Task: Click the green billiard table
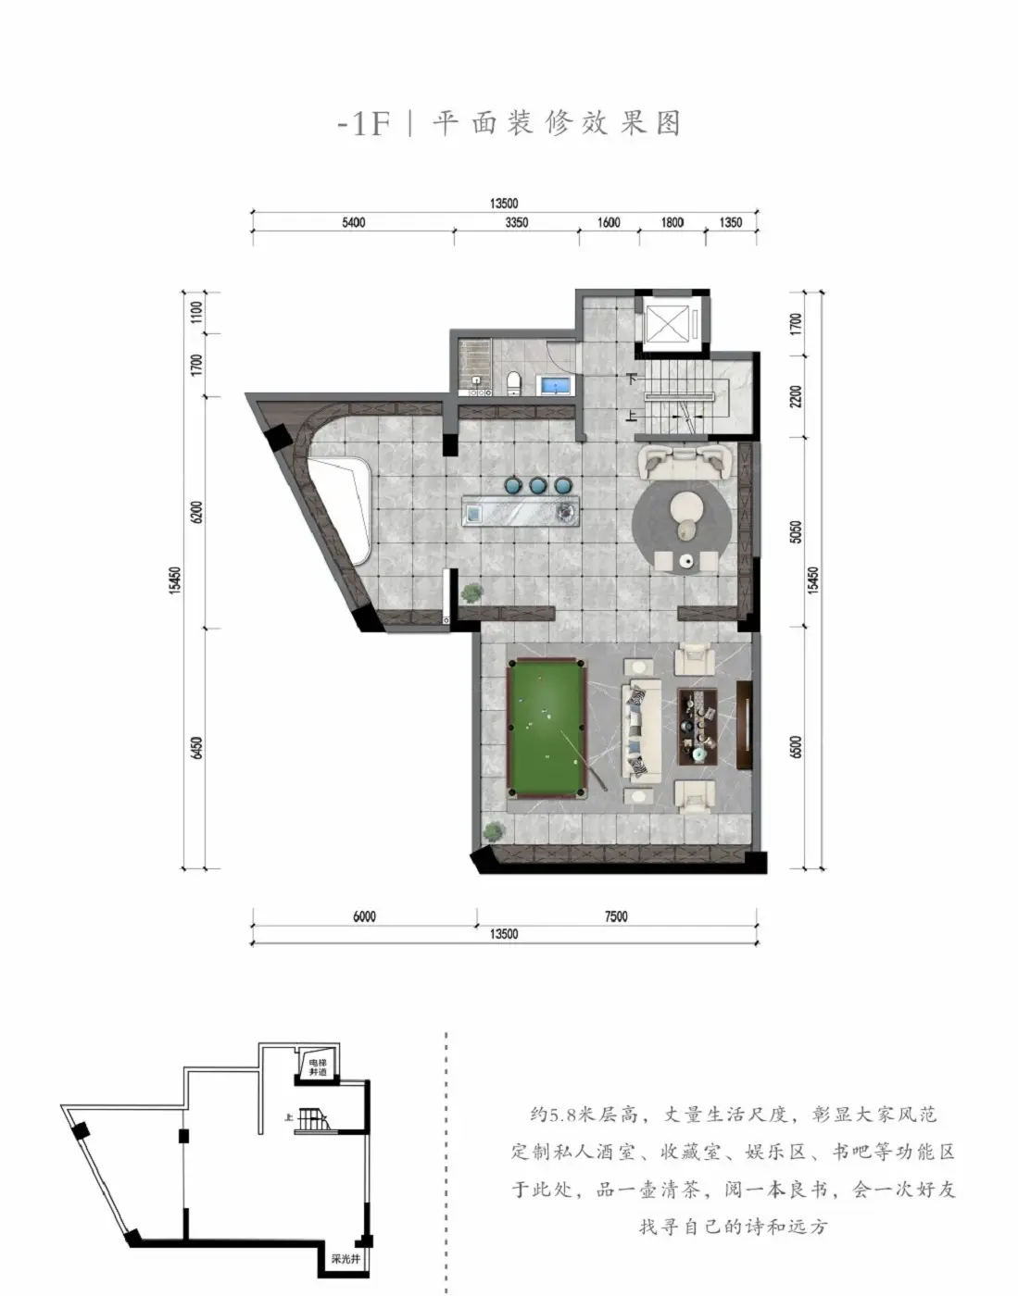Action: pyautogui.click(x=546, y=729)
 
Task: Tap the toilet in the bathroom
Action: pyautogui.click(x=513, y=382)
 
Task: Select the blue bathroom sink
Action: pyautogui.click(x=556, y=385)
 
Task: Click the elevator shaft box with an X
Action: pyautogui.click(x=667, y=326)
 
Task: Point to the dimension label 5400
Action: pyautogui.click(x=353, y=223)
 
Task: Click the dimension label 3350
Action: pyautogui.click(x=516, y=223)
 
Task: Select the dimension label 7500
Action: pyautogui.click(x=616, y=916)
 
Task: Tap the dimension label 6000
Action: pyautogui.click(x=364, y=916)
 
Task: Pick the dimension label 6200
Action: pyautogui.click(x=197, y=512)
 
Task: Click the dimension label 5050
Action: pyautogui.click(x=796, y=531)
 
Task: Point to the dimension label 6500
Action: pyautogui.click(x=796, y=747)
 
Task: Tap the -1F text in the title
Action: pyautogui.click(x=364, y=124)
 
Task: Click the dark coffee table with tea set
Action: pyautogui.click(x=698, y=726)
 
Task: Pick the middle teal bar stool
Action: pyautogui.click(x=538, y=485)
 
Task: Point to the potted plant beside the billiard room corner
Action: pyautogui.click(x=495, y=830)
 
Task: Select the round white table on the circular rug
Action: pyautogui.click(x=685, y=507)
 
